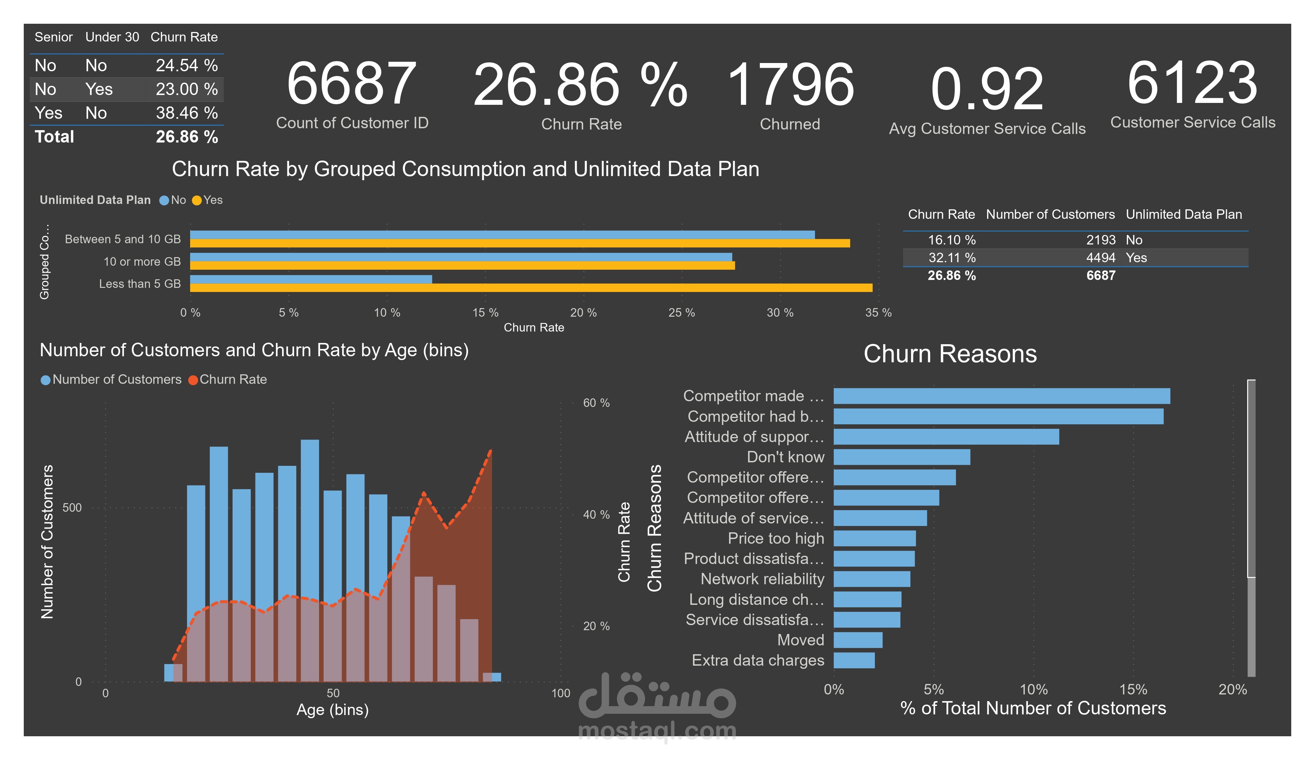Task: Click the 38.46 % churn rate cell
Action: [186, 113]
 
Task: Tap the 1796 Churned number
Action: [790, 85]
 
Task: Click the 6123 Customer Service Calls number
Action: [1192, 84]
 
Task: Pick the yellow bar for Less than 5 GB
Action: [531, 288]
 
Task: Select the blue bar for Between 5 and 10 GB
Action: [502, 235]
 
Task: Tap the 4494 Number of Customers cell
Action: [1100, 258]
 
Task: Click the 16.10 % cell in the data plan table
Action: [951, 240]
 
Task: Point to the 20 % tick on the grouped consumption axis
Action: [583, 313]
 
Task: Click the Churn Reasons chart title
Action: [950, 354]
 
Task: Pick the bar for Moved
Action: [857, 640]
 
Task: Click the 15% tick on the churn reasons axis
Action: [1133, 690]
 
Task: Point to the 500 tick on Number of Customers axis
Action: [72, 508]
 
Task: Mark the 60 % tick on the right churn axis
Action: [596, 403]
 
